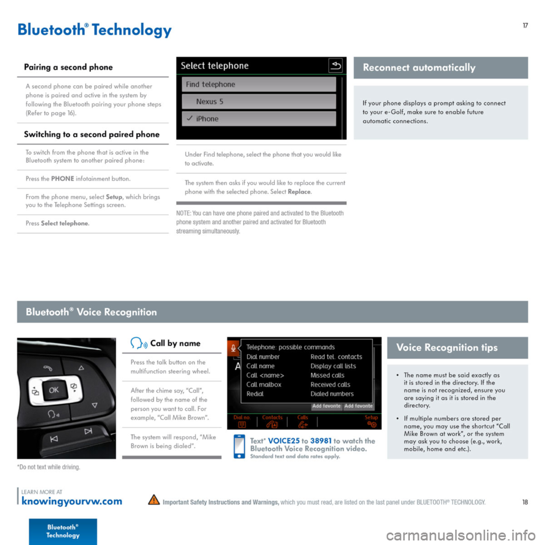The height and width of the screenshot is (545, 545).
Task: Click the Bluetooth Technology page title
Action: click(x=94, y=30)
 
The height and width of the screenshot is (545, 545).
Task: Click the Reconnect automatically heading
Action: click(x=419, y=68)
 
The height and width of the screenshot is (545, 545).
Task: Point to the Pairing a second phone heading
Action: click(x=68, y=67)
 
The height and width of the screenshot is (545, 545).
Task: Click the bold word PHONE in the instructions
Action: click(x=62, y=179)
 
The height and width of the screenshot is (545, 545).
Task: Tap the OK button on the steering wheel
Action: click(x=53, y=391)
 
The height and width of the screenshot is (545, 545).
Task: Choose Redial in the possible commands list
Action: click(x=255, y=393)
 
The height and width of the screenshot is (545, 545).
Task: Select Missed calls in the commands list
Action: click(x=328, y=375)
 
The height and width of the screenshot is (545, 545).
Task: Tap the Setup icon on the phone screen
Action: click(x=372, y=421)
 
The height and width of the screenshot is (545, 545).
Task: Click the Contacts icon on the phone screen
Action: click(x=272, y=421)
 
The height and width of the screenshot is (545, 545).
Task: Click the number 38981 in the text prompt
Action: click(x=320, y=441)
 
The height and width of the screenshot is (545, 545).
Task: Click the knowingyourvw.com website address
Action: click(x=71, y=501)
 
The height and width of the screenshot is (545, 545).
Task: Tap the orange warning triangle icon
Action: click(x=153, y=501)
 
